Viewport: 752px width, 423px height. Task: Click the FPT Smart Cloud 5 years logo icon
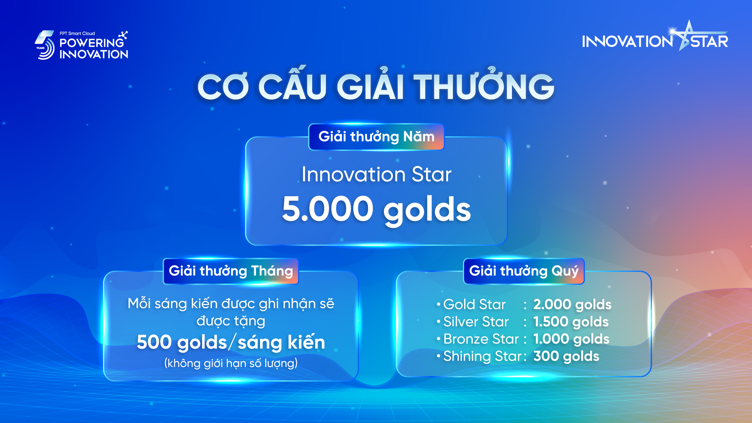[45, 45]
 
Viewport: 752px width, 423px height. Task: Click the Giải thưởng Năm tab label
[376, 137]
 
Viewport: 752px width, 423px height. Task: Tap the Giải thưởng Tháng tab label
[231, 271]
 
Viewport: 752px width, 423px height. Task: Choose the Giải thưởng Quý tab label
[524, 271]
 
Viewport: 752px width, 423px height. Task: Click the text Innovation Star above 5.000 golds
[376, 174]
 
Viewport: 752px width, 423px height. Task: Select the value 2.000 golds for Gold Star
[572, 305]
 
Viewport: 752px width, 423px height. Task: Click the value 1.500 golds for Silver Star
[571, 322]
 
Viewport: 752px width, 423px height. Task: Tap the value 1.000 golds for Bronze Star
[571, 339]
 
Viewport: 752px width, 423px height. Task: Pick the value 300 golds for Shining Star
[566, 356]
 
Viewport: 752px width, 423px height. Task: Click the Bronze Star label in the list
[481, 339]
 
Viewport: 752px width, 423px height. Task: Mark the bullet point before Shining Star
[439, 356]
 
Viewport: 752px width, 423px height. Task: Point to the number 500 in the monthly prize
[154, 342]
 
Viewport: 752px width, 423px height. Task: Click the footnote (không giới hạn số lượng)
[231, 363]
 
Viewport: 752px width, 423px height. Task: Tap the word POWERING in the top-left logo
[92, 43]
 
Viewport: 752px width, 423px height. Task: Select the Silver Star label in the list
[476, 322]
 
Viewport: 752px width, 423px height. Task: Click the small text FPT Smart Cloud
[77, 33]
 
